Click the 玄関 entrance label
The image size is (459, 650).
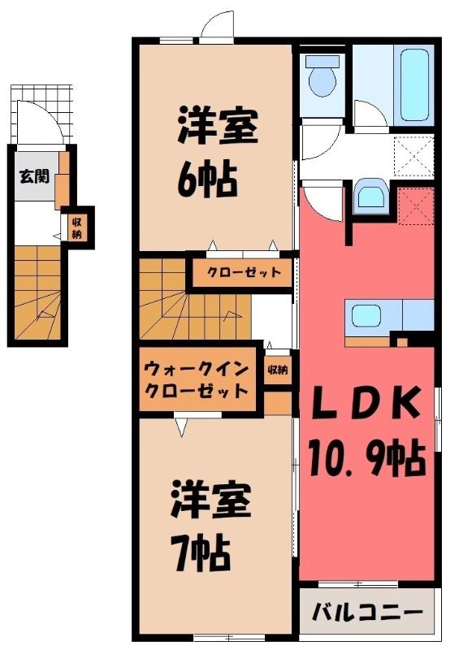pyautogui.click(x=34, y=177)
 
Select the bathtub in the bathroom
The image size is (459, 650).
pyautogui.click(x=415, y=84)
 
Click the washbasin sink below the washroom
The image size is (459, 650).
pyautogui.click(x=370, y=193)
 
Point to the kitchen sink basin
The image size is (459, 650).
pyautogui.click(x=366, y=316)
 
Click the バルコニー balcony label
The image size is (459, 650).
pyautogui.click(x=368, y=612)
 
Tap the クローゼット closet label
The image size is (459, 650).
pyautogui.click(x=245, y=272)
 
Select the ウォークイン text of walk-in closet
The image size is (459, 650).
pyautogui.click(x=196, y=368)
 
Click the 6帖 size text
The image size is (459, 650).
pyautogui.click(x=208, y=180)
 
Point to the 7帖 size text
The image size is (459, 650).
pyautogui.click(x=201, y=554)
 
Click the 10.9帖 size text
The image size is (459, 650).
pyautogui.click(x=367, y=458)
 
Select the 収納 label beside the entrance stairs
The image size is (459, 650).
pyautogui.click(x=76, y=228)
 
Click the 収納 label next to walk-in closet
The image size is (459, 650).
pyautogui.click(x=277, y=369)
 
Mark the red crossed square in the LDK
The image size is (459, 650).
pyautogui.click(x=416, y=206)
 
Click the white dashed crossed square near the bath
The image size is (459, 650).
pyautogui.click(x=414, y=156)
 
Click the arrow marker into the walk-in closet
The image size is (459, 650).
pyautogui.click(x=181, y=427)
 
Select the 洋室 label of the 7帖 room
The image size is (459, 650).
pyautogui.click(x=211, y=499)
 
